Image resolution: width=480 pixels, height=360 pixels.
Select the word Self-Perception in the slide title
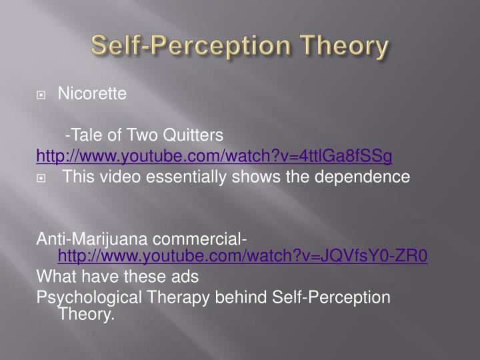[x=191, y=45]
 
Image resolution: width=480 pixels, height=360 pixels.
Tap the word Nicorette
[x=92, y=93]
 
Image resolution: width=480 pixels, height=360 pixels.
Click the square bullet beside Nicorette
[x=41, y=95]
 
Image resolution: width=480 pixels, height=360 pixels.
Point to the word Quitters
[x=193, y=135]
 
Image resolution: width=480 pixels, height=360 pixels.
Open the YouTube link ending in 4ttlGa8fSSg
[x=214, y=156]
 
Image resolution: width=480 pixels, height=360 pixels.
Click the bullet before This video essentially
[x=41, y=178]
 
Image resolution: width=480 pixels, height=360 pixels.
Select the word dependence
[x=362, y=177]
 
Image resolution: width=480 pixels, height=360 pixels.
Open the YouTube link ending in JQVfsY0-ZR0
[x=243, y=255]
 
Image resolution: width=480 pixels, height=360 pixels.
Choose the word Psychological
[x=89, y=297]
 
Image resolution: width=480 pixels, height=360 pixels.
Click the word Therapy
[x=178, y=297]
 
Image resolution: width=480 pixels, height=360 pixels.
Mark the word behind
[x=241, y=297]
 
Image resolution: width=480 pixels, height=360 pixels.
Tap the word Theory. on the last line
[x=86, y=314]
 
